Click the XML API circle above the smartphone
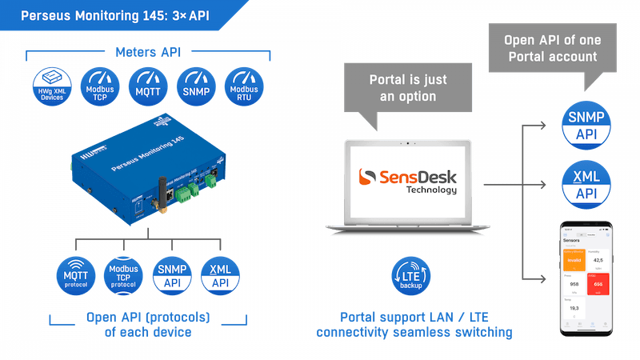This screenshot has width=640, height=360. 587,183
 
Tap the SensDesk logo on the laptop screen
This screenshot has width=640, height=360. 407,179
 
